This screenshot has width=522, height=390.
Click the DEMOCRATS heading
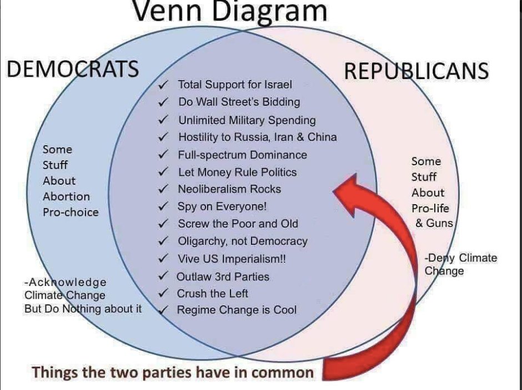click(72, 70)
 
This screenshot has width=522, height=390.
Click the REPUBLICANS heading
click(416, 71)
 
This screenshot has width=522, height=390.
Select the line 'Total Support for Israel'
click(234, 85)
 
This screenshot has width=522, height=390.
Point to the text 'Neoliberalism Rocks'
click(229, 189)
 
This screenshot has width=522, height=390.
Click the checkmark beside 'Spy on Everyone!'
click(163, 206)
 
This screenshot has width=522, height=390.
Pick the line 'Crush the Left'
click(212, 293)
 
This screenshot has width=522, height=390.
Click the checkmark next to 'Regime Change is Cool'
click(163, 310)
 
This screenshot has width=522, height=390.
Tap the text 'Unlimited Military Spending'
click(247, 120)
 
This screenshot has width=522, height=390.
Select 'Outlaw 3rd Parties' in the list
click(223, 277)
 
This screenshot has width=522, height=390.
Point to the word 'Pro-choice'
click(71, 212)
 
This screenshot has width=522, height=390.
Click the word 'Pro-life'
click(430, 209)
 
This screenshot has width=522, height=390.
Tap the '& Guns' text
click(434, 223)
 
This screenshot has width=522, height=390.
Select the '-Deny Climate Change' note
click(460, 264)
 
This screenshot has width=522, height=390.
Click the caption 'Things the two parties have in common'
click(173, 372)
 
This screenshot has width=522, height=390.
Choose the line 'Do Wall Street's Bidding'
click(239, 102)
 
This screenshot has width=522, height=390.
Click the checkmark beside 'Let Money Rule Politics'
click(163, 172)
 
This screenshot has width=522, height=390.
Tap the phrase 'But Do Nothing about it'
click(83, 308)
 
